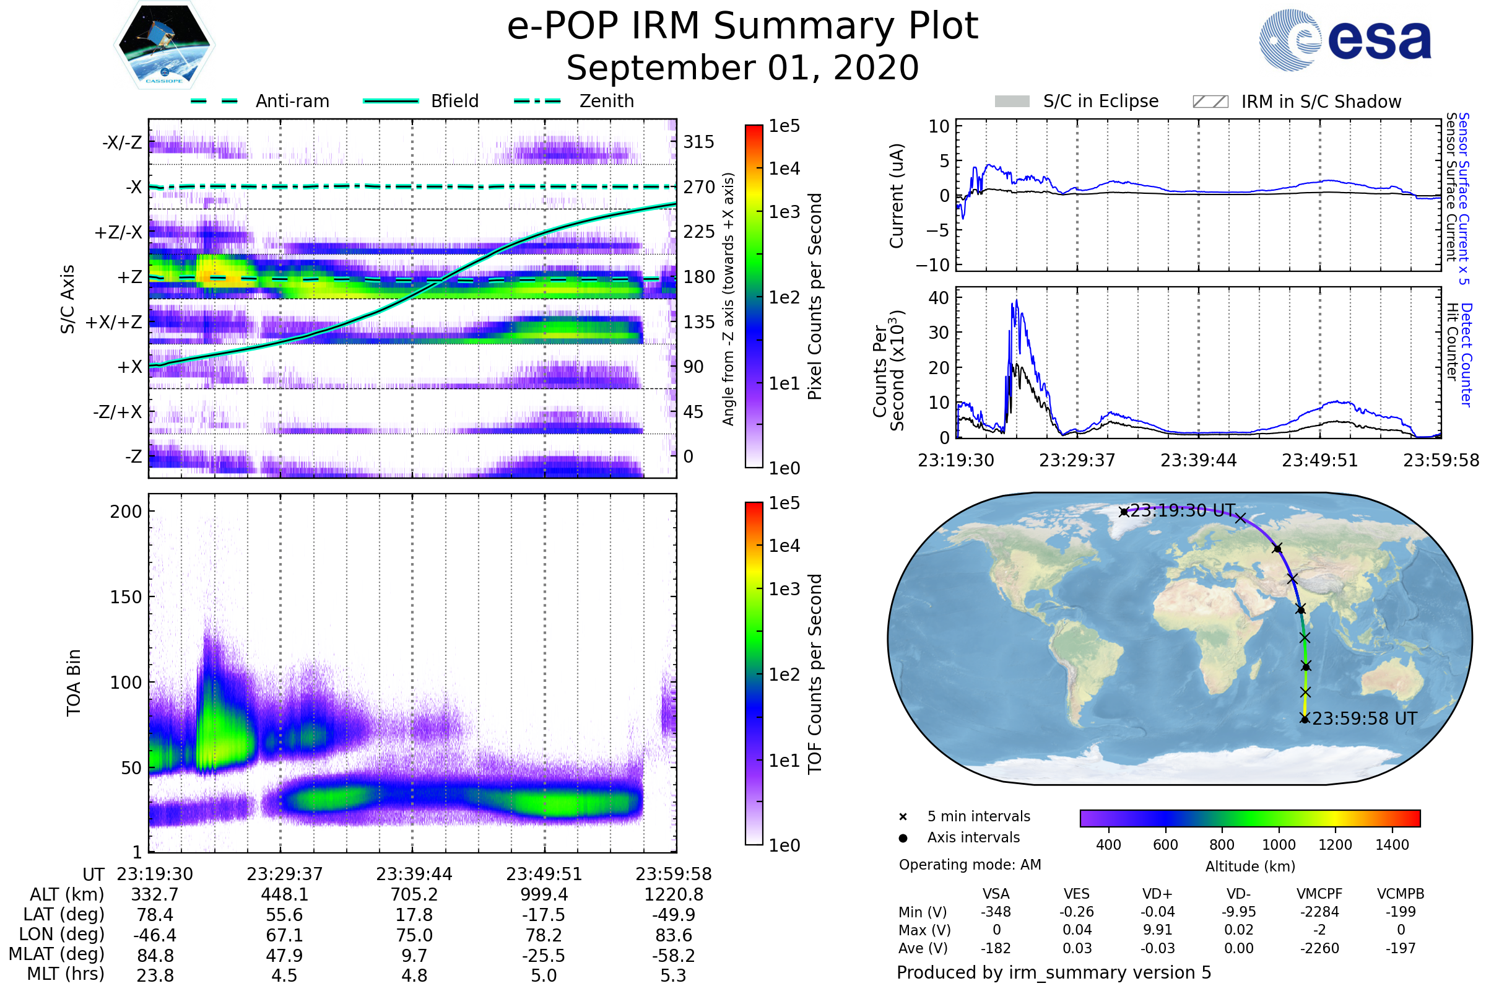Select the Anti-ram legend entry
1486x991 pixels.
point(292,101)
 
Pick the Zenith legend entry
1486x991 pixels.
point(606,101)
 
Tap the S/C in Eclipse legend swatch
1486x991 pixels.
point(1012,102)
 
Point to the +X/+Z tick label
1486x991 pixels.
point(114,322)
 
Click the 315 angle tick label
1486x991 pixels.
point(698,142)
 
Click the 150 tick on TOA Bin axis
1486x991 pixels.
point(126,597)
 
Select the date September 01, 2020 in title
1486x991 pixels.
point(742,68)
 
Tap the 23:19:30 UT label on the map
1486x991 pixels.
point(1181,510)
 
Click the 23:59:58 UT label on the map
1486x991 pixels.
point(1364,718)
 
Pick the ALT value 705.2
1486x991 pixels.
point(414,895)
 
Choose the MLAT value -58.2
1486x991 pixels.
point(673,956)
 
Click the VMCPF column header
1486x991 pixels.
point(1319,894)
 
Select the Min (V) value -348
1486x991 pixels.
point(996,912)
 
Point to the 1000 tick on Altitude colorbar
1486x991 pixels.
point(1278,845)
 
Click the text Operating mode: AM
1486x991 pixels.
point(970,865)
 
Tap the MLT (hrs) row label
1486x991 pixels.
point(66,974)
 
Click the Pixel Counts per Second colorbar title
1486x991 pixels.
point(814,296)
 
